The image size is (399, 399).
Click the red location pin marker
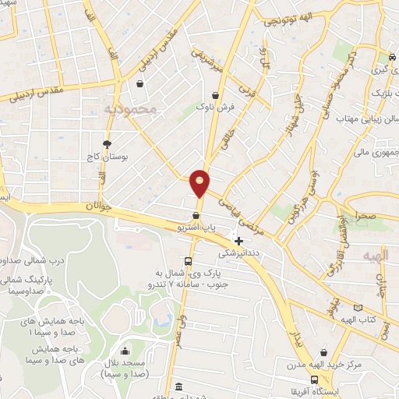click(200, 182)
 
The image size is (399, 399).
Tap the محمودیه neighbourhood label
click(130, 110)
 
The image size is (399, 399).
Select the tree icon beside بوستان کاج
click(107, 143)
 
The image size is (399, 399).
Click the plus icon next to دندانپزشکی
click(238, 241)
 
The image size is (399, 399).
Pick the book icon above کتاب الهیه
click(358, 308)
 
